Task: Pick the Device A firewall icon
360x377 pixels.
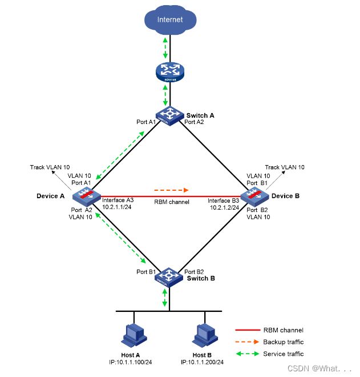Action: click(x=84, y=196)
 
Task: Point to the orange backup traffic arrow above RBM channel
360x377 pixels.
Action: click(x=171, y=189)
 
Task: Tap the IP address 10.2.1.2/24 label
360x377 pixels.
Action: click(x=224, y=207)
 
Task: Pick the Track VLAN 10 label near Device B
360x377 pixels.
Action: click(x=285, y=167)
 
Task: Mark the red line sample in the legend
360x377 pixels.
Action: click(x=246, y=330)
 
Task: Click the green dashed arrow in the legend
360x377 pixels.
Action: click(x=246, y=354)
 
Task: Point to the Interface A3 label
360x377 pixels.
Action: click(x=118, y=200)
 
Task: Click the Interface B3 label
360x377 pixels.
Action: click(x=224, y=200)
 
